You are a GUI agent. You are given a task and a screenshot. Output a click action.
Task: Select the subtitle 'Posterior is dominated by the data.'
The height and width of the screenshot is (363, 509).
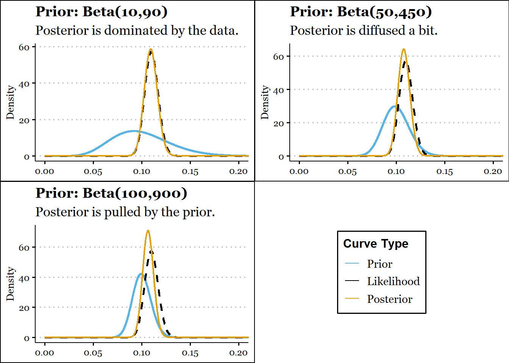[x=137, y=31]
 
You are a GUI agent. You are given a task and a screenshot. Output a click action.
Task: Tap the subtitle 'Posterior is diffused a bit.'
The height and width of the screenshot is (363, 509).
[x=364, y=31]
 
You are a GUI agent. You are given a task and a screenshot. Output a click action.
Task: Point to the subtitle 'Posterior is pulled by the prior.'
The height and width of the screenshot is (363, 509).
[x=125, y=212]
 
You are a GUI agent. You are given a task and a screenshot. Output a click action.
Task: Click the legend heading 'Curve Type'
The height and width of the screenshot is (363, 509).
[x=376, y=244]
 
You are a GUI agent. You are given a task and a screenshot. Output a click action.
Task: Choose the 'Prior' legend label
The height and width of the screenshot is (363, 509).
[x=379, y=264]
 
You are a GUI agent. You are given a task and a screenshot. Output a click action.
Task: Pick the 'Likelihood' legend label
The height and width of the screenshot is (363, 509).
[x=393, y=281]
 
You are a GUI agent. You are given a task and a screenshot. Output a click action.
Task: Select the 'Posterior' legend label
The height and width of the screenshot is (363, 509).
[x=389, y=299]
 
